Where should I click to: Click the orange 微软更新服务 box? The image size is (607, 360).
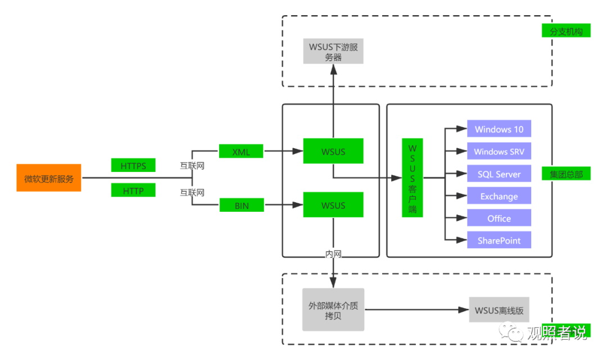point(49,178)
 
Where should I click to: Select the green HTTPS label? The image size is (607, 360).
point(133,166)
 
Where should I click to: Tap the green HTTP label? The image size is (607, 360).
point(133,190)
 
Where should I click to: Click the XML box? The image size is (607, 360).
point(241,151)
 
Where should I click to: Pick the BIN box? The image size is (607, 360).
point(242,206)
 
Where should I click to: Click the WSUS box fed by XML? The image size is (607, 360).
point(333,151)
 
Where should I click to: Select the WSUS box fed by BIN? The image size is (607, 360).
point(333,205)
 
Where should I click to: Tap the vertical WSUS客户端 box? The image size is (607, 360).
point(413,178)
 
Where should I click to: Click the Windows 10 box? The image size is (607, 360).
point(499,129)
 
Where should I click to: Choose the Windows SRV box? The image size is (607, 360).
point(499,152)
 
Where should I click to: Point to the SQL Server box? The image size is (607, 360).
point(499,174)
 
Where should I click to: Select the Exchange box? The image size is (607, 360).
point(499,196)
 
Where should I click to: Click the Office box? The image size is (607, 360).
point(499,218)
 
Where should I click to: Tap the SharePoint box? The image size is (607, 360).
point(499,240)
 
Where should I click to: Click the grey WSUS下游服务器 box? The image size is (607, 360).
point(333,52)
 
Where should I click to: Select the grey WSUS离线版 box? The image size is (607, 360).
point(499,310)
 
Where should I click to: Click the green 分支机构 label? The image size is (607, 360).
point(567,31)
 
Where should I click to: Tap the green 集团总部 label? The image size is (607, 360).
point(567,174)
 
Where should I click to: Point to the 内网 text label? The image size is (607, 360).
point(333,254)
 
